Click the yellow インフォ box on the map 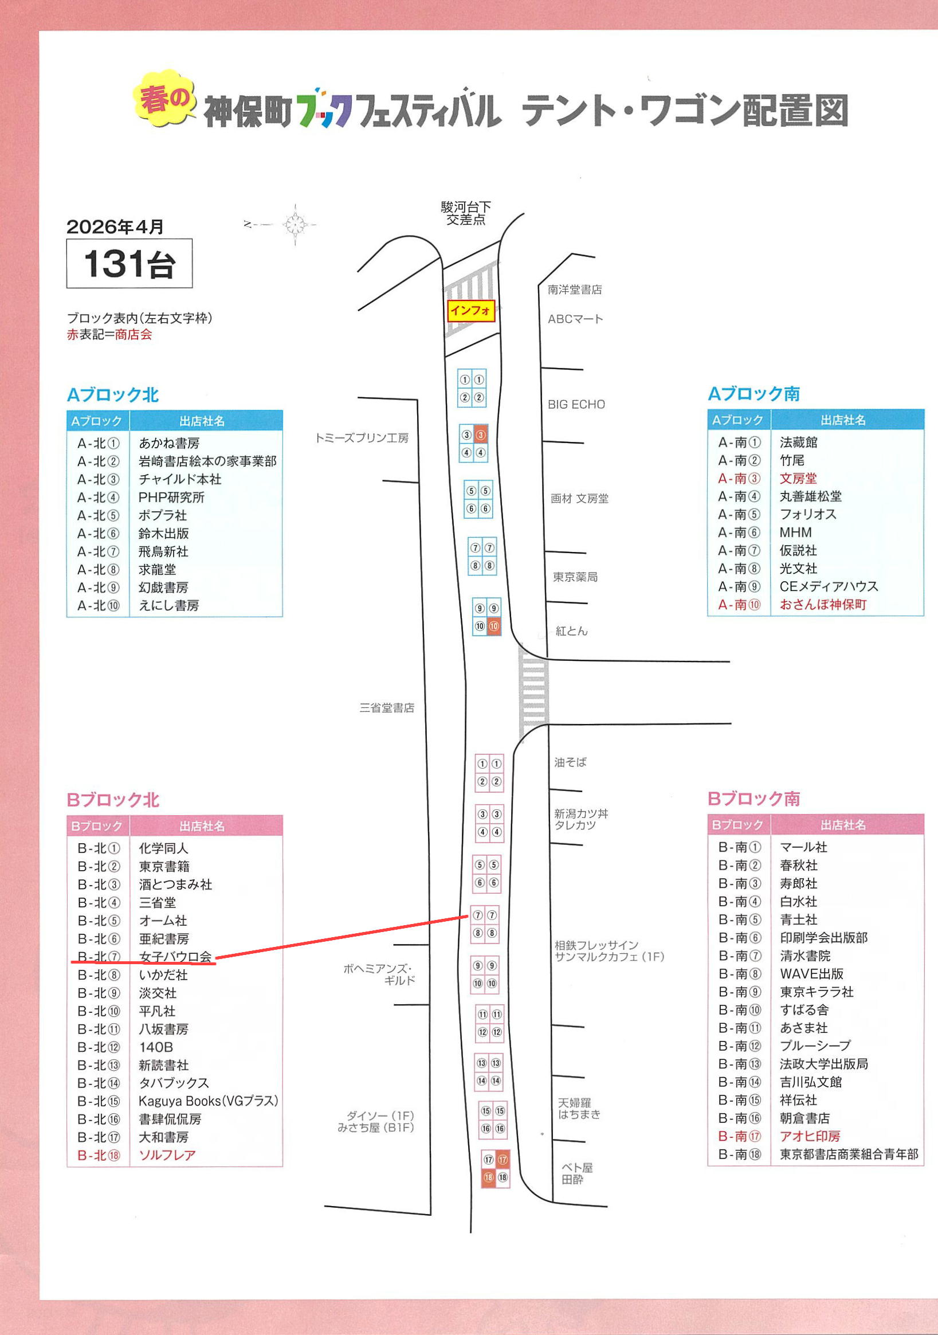471,311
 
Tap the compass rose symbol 295,224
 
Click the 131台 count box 129,264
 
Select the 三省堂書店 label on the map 386,707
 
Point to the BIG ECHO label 576,404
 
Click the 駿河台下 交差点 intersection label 465,213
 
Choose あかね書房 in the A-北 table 169,443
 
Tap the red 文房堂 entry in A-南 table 798,479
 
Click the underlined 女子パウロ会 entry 175,957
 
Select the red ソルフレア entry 167,1155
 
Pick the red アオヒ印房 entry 810,1136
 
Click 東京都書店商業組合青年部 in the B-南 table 849,1154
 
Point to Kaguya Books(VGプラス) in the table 208,1101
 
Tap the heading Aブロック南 753,394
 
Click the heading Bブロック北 113,800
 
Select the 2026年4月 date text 115,227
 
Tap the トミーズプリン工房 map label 362,438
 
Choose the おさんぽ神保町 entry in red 823,605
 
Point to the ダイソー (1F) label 380,1115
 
